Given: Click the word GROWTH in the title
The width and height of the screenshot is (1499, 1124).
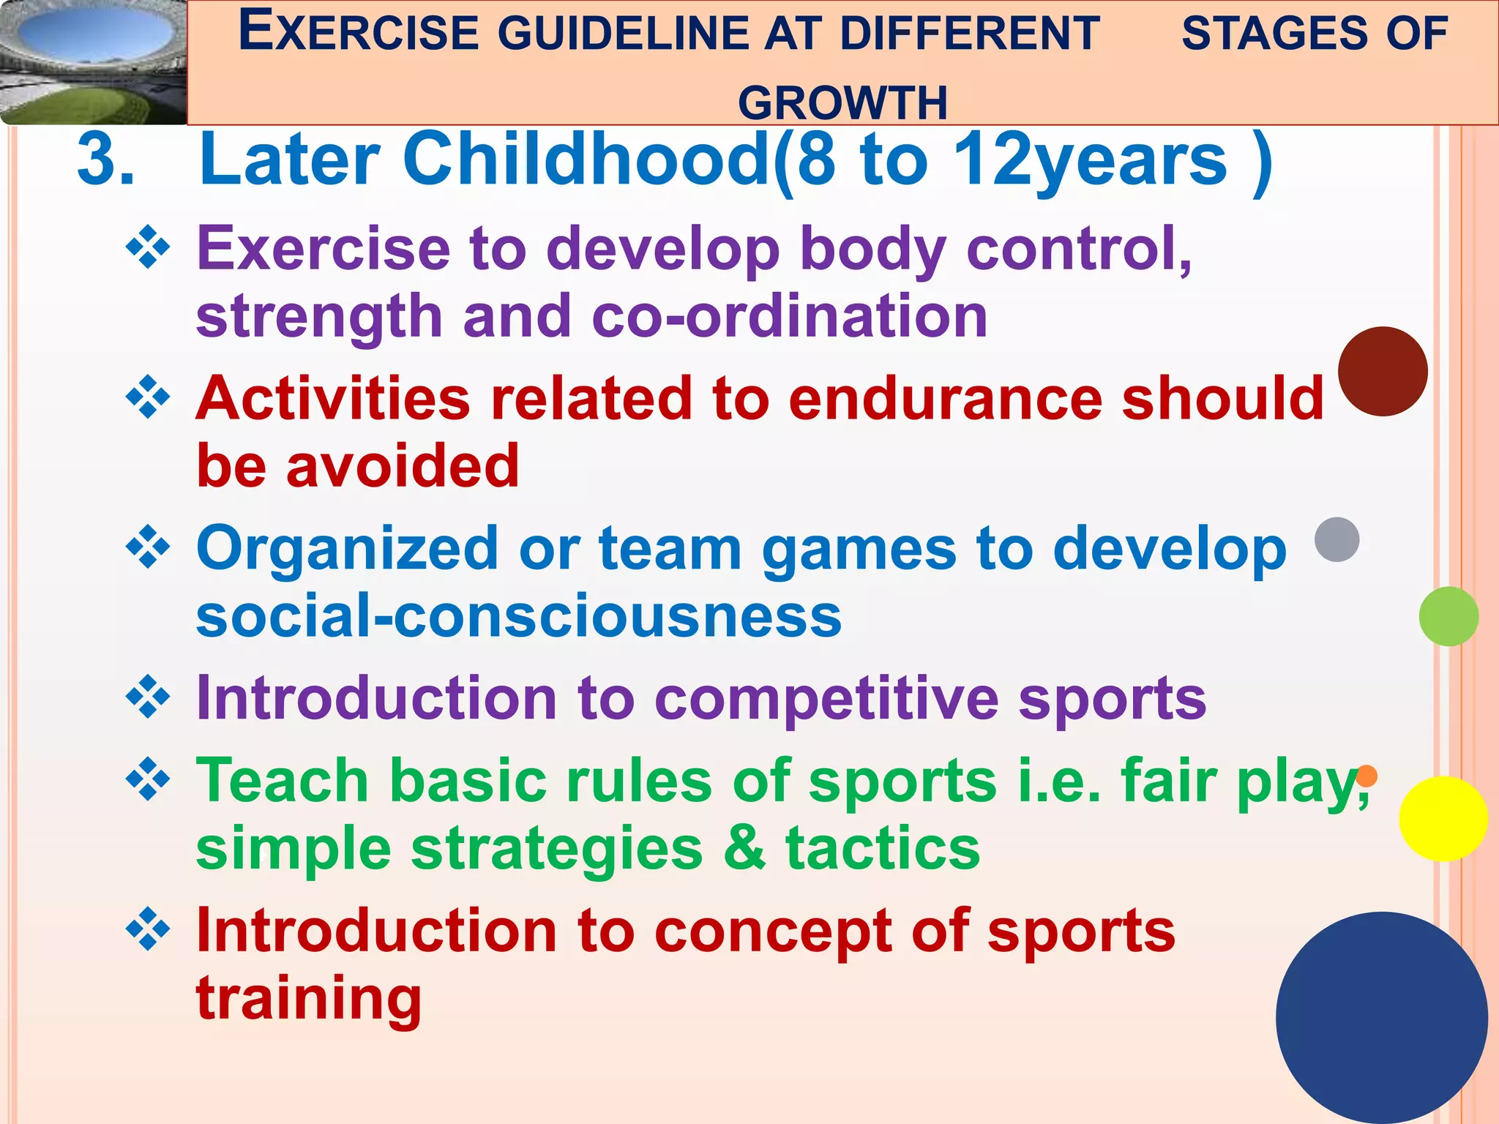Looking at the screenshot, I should [842, 102].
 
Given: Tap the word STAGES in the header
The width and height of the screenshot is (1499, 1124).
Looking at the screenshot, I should [1265, 34].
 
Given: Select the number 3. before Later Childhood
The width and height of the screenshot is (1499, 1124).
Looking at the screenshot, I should [106, 160].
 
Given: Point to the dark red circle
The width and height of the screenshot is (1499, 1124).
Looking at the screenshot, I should [1383, 372].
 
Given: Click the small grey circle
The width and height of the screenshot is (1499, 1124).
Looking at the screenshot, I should [1337, 539].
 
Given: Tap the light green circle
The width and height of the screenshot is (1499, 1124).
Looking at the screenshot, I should [1448, 616].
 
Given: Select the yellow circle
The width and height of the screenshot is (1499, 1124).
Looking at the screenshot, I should [1443, 819].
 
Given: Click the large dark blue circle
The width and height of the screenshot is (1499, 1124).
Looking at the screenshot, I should [1381, 1017].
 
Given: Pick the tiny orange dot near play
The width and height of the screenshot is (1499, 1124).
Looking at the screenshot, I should [1367, 776].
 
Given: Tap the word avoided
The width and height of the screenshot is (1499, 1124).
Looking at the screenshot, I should [403, 467].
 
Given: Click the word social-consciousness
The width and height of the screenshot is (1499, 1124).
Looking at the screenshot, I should [518, 616].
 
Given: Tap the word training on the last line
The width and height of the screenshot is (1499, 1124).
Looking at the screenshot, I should [308, 998].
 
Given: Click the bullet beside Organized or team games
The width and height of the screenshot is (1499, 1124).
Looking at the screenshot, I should [149, 547].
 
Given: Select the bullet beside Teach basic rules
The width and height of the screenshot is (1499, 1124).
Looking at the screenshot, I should [149, 780].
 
